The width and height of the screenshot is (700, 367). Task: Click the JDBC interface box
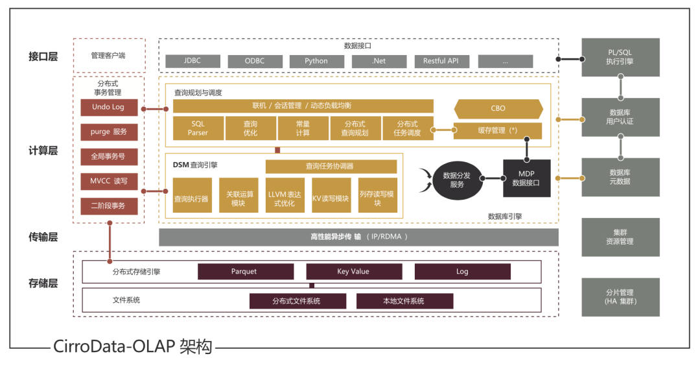pyautogui.click(x=192, y=61)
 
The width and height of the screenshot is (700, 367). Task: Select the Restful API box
pyautogui.click(x=441, y=61)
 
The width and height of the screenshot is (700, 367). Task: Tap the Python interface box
pyautogui.click(x=316, y=61)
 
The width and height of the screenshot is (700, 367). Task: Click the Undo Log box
pyautogui.click(x=108, y=107)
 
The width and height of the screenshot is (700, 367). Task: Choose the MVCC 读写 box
pyautogui.click(x=108, y=181)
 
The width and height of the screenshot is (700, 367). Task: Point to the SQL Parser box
pyautogui.click(x=198, y=128)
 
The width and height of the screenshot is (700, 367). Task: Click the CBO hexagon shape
pyautogui.click(x=498, y=108)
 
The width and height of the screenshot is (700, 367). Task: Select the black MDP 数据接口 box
pyautogui.click(x=526, y=178)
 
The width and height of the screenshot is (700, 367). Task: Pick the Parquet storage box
pyautogui.click(x=244, y=272)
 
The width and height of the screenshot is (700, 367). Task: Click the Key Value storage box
pyautogui.click(x=353, y=272)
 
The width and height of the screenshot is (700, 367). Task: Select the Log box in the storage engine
pyautogui.click(x=462, y=272)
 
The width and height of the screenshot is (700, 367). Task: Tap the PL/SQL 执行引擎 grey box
pyautogui.click(x=620, y=57)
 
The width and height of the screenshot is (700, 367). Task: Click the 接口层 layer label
pyautogui.click(x=43, y=56)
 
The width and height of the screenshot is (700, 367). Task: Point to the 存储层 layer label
pyautogui.click(x=43, y=283)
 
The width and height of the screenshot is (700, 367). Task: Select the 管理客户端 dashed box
pyautogui.click(x=108, y=56)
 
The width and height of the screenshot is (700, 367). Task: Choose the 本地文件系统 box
pyautogui.click(x=404, y=301)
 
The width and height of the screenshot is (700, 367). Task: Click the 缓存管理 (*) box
pyautogui.click(x=498, y=130)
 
